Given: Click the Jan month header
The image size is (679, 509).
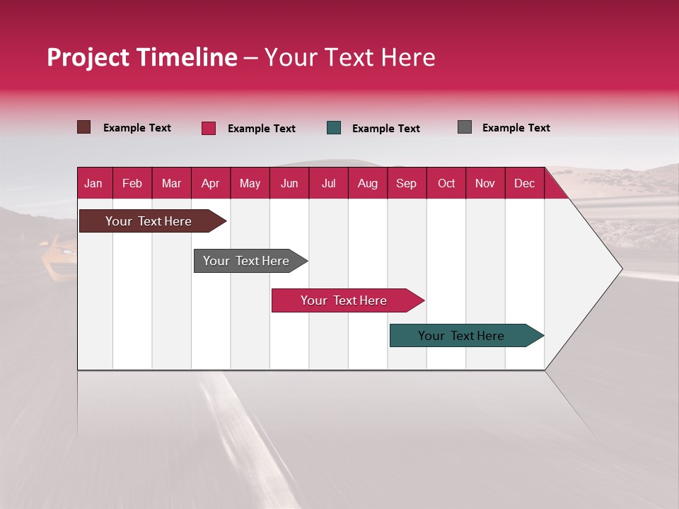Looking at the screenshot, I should tap(93, 183).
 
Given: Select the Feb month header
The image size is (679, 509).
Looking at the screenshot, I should tap(132, 183).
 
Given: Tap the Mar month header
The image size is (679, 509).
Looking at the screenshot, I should tap(171, 183).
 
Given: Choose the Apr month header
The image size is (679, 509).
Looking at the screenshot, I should tap(210, 183).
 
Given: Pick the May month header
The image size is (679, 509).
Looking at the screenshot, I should tap(250, 183).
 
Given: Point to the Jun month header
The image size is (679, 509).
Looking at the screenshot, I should tap(289, 183).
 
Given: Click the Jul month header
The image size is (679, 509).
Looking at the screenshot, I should tap(328, 183).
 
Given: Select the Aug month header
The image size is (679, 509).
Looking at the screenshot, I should tap(367, 183).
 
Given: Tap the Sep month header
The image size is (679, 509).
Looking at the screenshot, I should tap(406, 183).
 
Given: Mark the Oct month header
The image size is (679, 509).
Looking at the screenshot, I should tap(446, 183).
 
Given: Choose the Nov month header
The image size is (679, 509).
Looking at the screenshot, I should tap(485, 183).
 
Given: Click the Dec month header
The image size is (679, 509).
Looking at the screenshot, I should tap(524, 183).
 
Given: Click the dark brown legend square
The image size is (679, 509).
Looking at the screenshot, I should tap(83, 127).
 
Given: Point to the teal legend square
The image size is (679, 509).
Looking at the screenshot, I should tap(334, 128).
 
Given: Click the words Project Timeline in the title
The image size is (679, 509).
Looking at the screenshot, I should tap(142, 57).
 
